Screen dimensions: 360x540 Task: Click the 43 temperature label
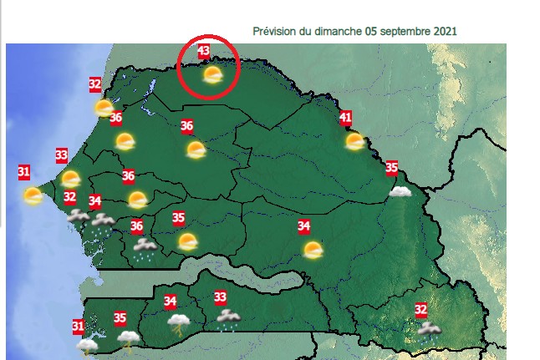(x=203, y=51)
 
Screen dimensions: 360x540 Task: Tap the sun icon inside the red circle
(x=213, y=76)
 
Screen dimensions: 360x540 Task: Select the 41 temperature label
(x=345, y=119)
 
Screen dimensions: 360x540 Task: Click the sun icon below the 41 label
(x=355, y=141)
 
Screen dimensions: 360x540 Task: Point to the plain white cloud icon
(x=400, y=191)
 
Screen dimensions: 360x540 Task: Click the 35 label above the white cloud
(x=391, y=169)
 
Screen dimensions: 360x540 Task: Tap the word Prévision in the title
(x=273, y=31)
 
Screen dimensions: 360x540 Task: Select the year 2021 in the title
(x=446, y=31)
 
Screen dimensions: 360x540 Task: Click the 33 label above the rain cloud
(x=221, y=297)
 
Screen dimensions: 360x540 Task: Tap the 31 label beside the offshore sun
(x=24, y=173)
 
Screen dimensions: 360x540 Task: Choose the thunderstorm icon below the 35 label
(x=128, y=338)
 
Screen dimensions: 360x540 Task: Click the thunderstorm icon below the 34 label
(x=178, y=321)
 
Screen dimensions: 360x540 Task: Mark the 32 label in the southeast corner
(x=420, y=310)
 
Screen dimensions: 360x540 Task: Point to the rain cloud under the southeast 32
(x=428, y=330)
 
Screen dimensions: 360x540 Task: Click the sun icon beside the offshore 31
(x=33, y=195)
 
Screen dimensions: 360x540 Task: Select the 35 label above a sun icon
(x=178, y=219)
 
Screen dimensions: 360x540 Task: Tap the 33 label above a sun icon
(x=61, y=155)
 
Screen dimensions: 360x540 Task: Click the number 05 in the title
(x=371, y=31)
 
